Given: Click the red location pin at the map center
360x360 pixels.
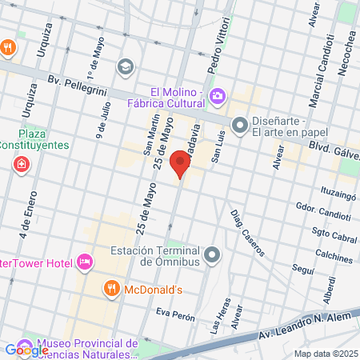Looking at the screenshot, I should tap(181, 164).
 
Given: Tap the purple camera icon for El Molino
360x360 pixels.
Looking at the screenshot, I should tap(217, 97).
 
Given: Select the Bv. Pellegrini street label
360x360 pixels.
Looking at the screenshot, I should tap(78, 80).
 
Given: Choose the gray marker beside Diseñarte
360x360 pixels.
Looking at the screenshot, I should tap(239, 125).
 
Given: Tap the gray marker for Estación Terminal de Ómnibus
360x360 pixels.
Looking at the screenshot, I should tap(212, 255).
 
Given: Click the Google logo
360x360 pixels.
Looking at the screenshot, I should tap(26, 350).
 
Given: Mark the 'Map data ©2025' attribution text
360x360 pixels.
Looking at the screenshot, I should tap(325, 354).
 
